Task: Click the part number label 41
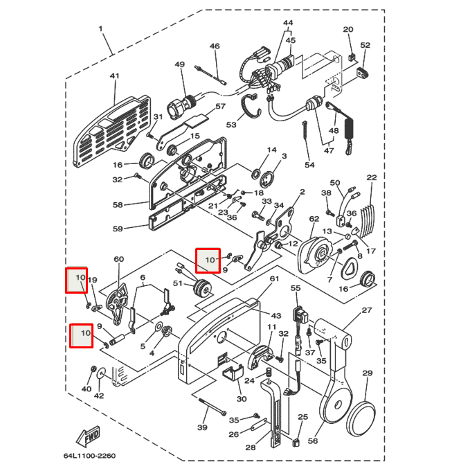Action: [x=114, y=76]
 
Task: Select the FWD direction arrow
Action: [x=89, y=437]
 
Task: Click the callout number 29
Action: [x=367, y=373]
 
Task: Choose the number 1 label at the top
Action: [x=100, y=28]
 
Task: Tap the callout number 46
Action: [x=215, y=46]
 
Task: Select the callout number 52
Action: [x=365, y=45]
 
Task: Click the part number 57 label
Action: [x=221, y=107]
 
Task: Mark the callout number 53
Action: [x=231, y=125]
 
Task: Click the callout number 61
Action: [x=274, y=278]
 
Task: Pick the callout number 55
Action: [x=296, y=287]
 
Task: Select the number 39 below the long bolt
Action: [x=202, y=428]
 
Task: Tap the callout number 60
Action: [x=118, y=260]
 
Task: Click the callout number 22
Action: [x=372, y=178]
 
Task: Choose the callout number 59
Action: [x=118, y=229]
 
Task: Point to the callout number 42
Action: [x=98, y=396]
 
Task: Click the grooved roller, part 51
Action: [x=203, y=287]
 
